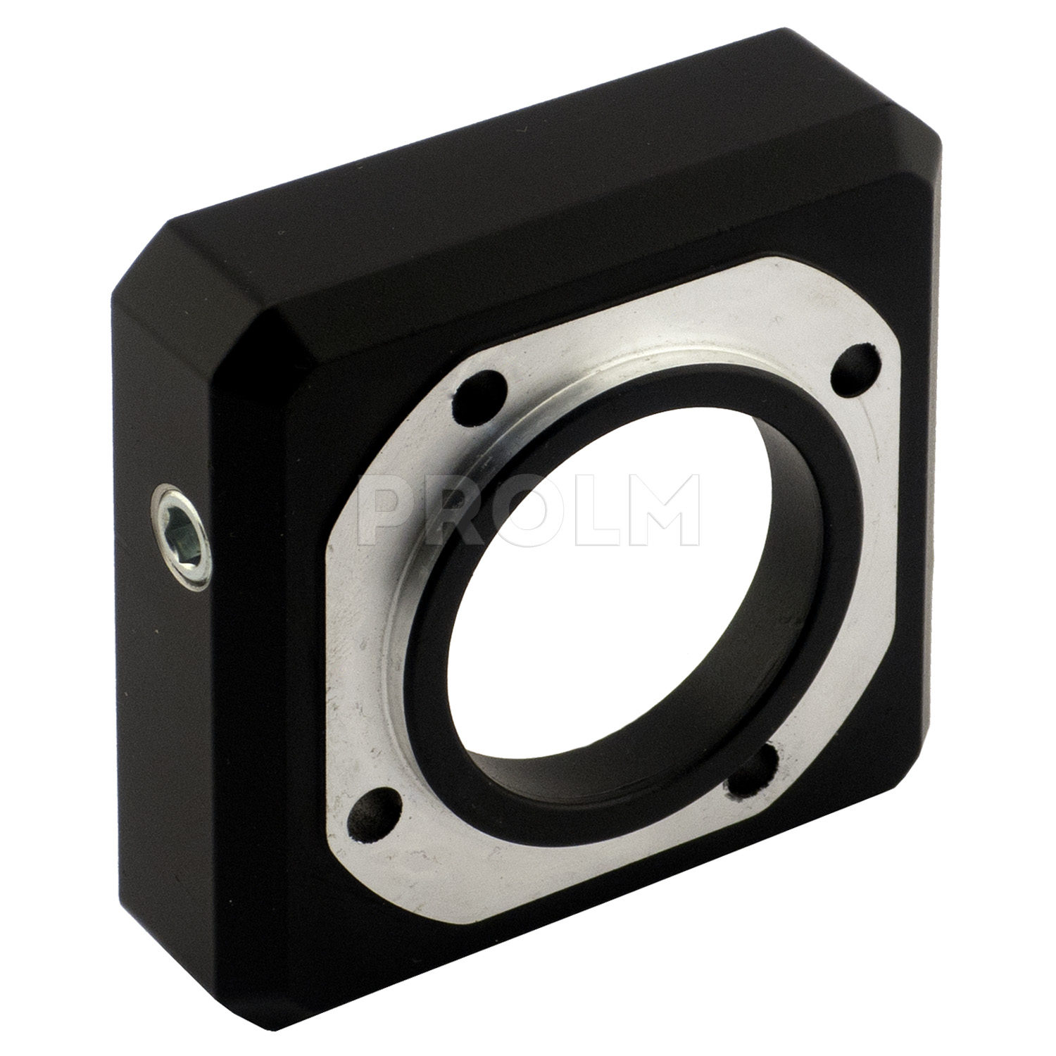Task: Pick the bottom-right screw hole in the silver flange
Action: click(x=751, y=773)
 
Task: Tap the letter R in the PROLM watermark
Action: click(x=456, y=510)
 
